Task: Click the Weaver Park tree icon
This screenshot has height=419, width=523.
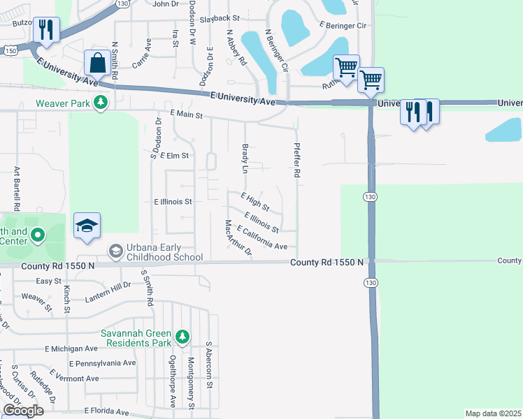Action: click(x=101, y=103)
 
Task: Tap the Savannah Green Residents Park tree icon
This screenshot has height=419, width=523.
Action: click(x=182, y=337)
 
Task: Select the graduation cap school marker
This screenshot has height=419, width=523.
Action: click(x=87, y=226)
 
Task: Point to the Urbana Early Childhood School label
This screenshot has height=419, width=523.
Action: click(x=155, y=253)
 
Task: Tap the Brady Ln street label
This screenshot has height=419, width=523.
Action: click(x=245, y=159)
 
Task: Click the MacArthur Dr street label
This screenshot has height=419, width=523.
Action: click(x=238, y=238)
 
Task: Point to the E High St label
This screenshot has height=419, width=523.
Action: click(x=255, y=202)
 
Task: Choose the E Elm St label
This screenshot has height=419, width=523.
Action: click(x=175, y=156)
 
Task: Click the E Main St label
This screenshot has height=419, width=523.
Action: click(x=186, y=114)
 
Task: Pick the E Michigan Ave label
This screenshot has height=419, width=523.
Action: click(x=72, y=348)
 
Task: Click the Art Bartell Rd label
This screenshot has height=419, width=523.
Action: click(x=16, y=189)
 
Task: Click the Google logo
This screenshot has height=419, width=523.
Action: click(x=22, y=411)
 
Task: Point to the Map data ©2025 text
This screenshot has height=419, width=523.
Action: click(x=493, y=413)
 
